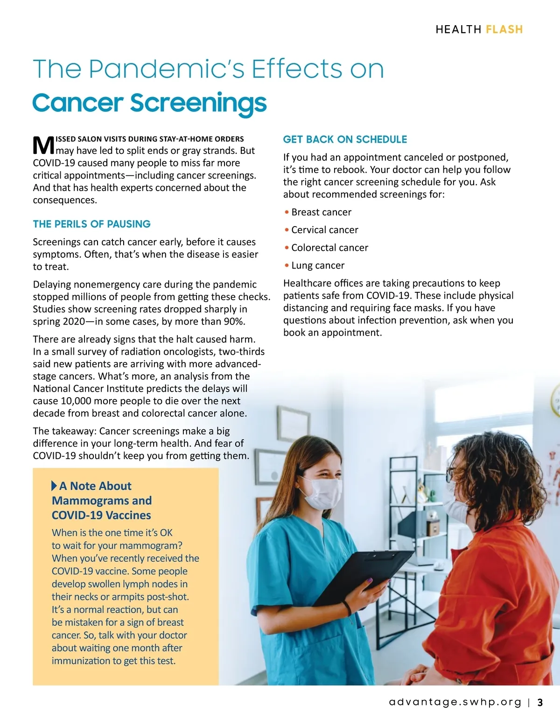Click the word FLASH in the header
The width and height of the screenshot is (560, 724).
point(504,29)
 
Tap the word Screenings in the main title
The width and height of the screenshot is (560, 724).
point(198,103)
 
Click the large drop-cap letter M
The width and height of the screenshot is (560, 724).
point(43,145)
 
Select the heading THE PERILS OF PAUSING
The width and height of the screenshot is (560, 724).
point(91,224)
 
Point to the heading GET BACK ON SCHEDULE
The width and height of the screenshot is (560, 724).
point(345,139)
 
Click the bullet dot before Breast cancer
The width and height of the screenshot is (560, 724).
point(287,213)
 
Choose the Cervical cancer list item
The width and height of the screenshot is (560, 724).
point(324,230)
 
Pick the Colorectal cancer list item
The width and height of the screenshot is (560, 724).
point(329,248)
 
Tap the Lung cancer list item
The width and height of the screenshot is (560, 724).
point(317,265)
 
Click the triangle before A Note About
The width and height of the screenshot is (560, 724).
point(54,486)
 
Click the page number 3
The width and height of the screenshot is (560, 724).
point(540,703)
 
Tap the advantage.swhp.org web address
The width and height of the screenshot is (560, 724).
point(455,703)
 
